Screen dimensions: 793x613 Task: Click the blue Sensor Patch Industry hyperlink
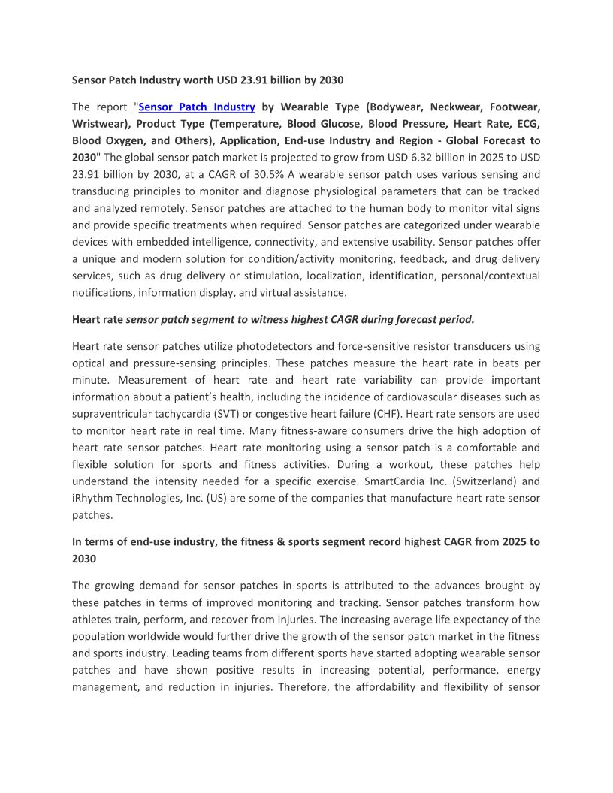pos(198,107)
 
